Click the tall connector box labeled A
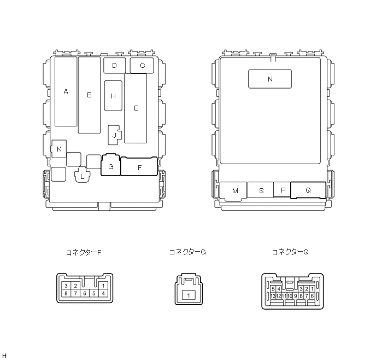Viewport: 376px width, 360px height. pos(66,91)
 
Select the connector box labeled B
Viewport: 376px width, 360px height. pos(89,95)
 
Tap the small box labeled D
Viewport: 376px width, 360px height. pos(114,65)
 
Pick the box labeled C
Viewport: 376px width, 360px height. pos(142,65)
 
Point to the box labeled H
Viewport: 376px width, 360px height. pos(113,96)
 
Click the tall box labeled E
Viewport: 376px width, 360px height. pos(136,108)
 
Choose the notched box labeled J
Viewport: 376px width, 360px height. pos(114,135)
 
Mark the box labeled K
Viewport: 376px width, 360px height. pos(59,149)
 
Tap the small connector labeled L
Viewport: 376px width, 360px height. pos(82,177)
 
